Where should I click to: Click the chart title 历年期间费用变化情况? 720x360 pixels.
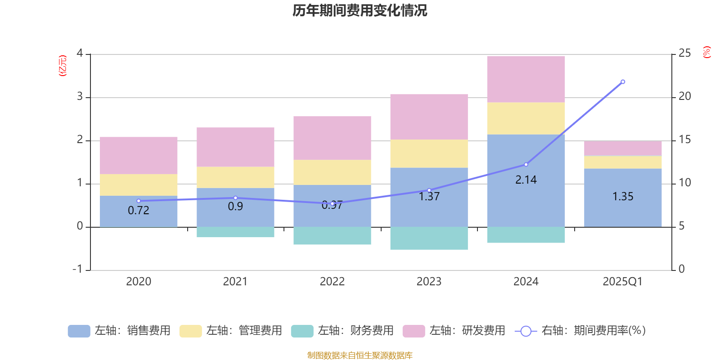(360, 10)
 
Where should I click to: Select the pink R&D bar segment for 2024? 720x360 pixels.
(526, 79)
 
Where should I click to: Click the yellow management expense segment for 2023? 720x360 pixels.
(429, 153)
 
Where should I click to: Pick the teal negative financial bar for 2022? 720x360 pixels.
(332, 236)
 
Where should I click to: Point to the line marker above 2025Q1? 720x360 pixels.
(623, 82)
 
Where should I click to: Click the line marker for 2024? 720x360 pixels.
(526, 165)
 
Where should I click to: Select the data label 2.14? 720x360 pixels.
(526, 180)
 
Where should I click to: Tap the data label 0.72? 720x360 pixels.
(138, 211)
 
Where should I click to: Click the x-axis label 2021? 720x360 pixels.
(235, 282)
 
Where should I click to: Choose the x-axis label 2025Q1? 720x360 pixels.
(622, 282)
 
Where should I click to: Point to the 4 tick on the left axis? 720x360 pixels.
(80, 54)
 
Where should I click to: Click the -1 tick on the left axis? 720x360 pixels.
(78, 269)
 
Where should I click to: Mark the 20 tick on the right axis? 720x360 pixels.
(684, 96)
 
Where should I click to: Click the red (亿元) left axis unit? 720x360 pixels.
(63, 66)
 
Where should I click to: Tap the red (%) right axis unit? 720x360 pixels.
(707, 52)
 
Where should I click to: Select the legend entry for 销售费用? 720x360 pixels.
(119, 331)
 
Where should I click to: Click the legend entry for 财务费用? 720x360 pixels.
(342, 331)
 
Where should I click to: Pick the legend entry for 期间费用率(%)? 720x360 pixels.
(580, 331)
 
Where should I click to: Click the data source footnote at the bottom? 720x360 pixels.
(360, 355)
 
